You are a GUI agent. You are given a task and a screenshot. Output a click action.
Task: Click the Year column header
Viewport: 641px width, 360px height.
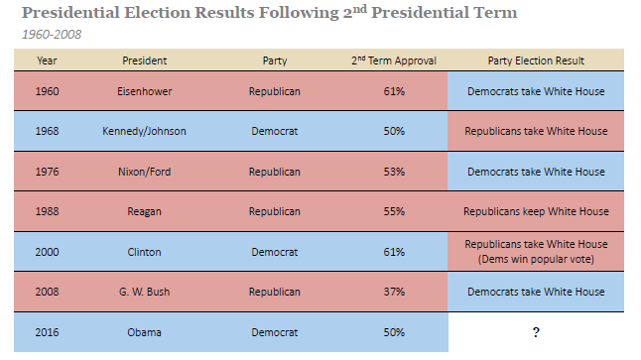(x=47, y=60)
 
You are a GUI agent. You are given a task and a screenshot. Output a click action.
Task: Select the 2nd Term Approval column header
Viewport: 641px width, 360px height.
(x=394, y=60)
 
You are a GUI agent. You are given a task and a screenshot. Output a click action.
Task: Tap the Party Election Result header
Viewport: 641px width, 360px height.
(x=536, y=60)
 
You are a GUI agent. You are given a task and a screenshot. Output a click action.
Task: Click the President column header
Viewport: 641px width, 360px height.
(x=145, y=60)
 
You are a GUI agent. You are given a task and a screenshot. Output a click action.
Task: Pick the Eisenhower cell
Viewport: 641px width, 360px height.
(x=145, y=91)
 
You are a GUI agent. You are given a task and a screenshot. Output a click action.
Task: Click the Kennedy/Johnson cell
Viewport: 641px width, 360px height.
(x=145, y=131)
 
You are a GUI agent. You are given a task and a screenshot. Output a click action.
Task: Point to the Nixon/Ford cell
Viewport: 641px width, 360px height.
(x=145, y=172)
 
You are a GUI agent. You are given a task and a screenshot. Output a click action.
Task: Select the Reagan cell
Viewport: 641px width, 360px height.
(x=145, y=211)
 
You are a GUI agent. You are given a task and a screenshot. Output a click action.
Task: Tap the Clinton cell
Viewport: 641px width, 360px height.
(x=145, y=252)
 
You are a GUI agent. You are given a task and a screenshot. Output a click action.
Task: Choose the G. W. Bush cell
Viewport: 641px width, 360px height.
(x=145, y=292)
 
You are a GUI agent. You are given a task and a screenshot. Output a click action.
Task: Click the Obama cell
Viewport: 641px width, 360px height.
(x=145, y=331)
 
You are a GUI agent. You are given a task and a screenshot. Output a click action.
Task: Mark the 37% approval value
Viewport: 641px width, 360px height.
(x=394, y=292)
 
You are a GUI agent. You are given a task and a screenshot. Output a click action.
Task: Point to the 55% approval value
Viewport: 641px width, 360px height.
(x=394, y=211)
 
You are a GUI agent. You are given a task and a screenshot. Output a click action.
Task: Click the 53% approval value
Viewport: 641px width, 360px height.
(x=394, y=172)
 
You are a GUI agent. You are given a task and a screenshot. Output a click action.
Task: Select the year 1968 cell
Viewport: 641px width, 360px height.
(x=47, y=131)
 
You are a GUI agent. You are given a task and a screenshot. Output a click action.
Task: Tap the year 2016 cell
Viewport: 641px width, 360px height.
(x=47, y=331)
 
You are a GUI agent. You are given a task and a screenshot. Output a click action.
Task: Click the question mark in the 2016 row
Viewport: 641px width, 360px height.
(x=536, y=331)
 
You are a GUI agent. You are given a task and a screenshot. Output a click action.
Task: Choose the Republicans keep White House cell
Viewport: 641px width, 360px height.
(x=536, y=211)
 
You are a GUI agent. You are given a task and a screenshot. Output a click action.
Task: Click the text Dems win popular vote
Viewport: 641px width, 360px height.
(x=536, y=259)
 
